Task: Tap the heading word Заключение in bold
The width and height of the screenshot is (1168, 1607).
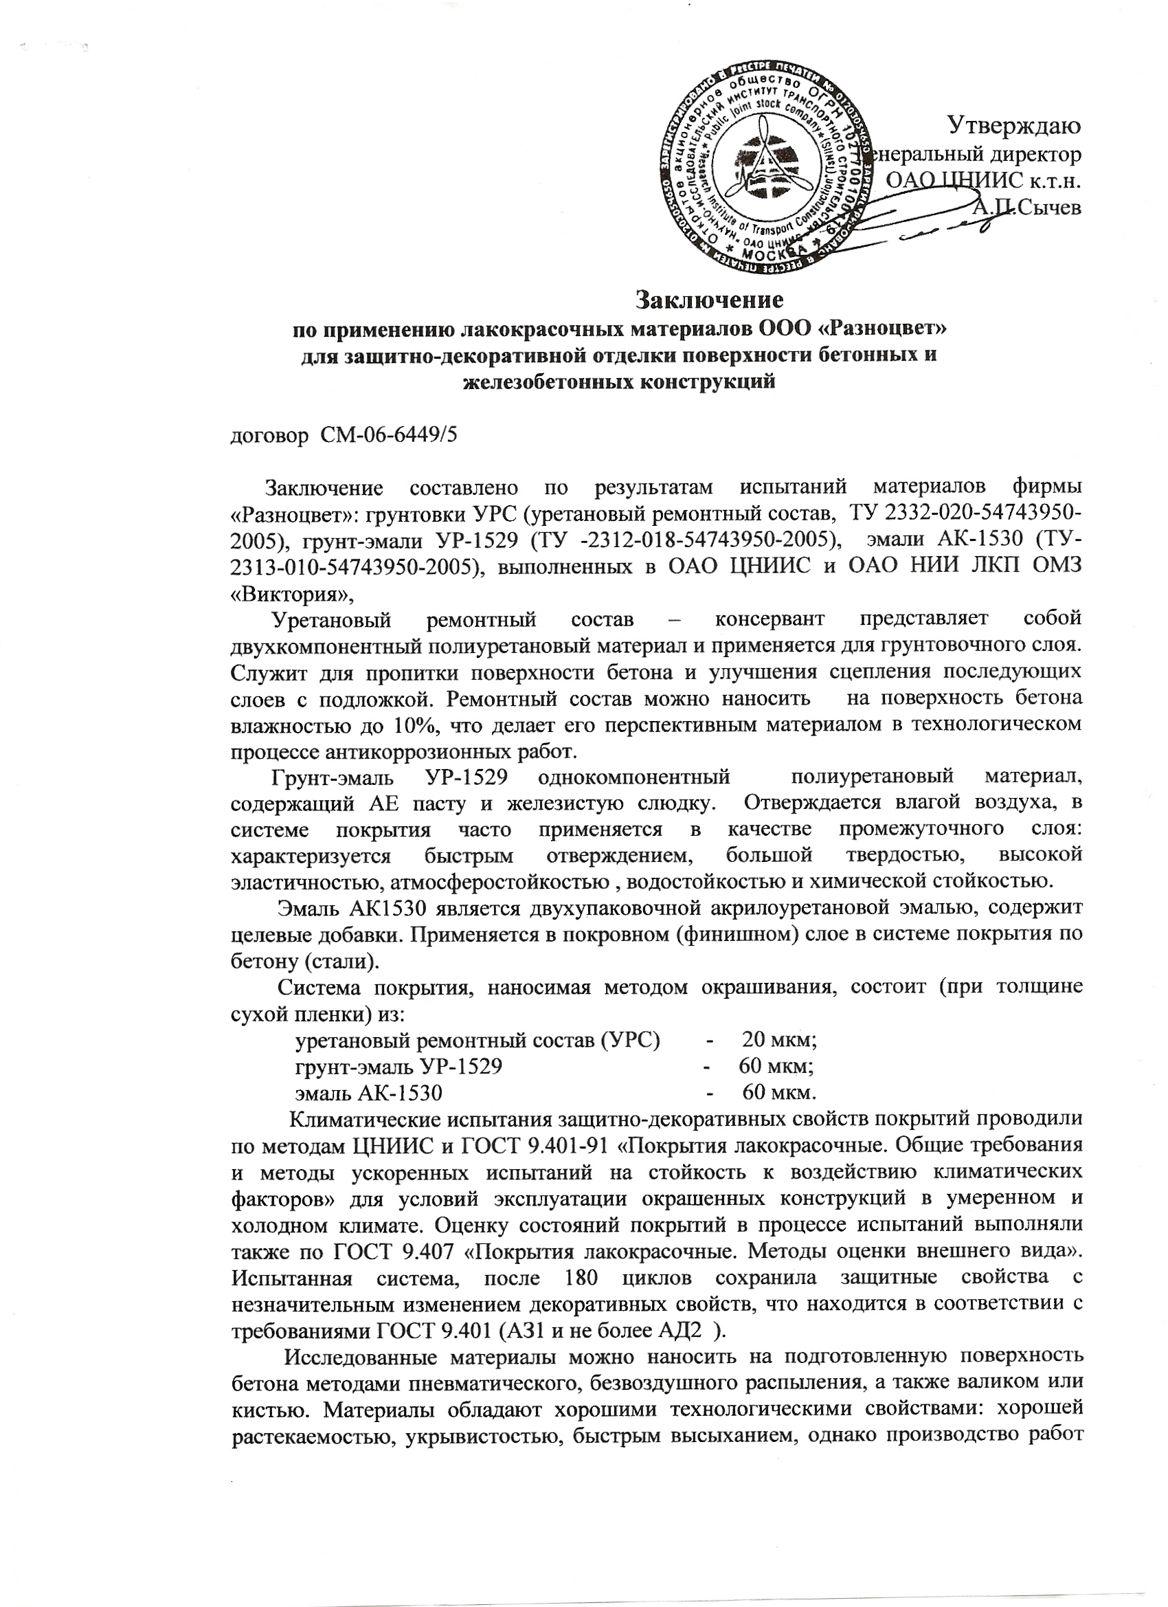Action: pos(708,300)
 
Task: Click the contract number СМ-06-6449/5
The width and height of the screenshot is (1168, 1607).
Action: pos(389,434)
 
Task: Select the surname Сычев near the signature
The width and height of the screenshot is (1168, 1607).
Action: pos(1048,207)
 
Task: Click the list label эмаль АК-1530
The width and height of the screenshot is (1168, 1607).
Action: pos(368,1094)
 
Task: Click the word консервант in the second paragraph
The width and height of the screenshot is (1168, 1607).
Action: pos(770,619)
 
